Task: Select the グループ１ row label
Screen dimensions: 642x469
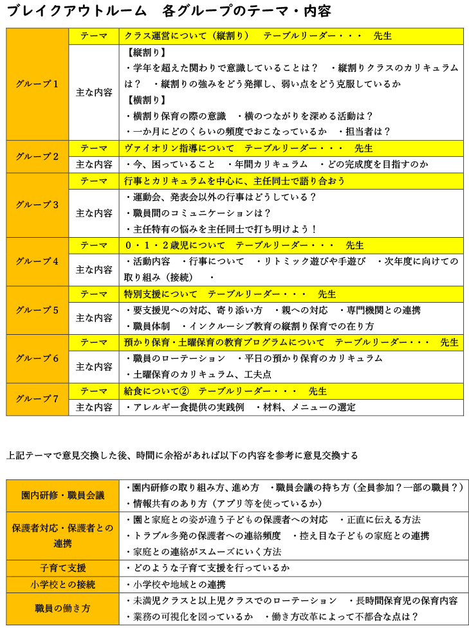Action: [37, 84]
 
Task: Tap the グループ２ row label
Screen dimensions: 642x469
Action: [37, 156]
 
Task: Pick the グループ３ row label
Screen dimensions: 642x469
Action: [37, 205]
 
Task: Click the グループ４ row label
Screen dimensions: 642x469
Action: [37, 262]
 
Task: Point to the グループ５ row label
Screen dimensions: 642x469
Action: [37, 310]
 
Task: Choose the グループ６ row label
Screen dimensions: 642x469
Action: [37, 359]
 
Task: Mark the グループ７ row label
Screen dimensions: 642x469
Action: [37, 399]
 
